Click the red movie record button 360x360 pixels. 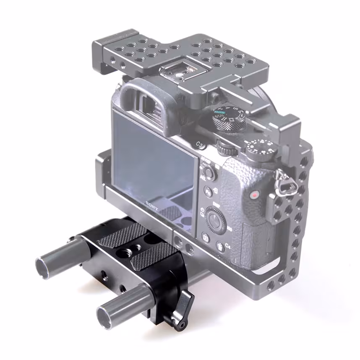click(254, 195)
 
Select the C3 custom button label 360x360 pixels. click(200, 145)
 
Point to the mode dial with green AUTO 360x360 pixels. click(229, 119)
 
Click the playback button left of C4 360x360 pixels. click(206, 238)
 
